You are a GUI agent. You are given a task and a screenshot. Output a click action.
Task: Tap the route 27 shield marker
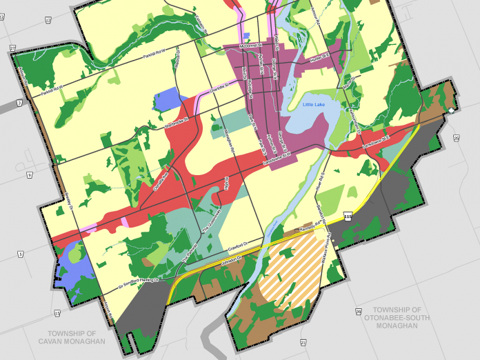pyautogui.click(x=12, y=47)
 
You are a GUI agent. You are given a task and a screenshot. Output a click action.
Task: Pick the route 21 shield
pyautogui.click(x=303, y=342)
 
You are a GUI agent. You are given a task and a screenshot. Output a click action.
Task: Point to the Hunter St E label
pyautogui.click(x=319, y=60)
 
